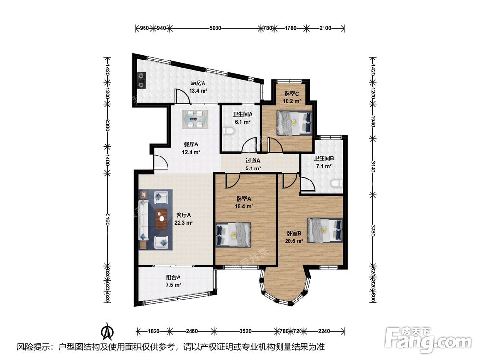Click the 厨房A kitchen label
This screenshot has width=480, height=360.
[x=198, y=83]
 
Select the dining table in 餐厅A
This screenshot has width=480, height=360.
[x=195, y=120]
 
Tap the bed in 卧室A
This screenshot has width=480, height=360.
[x=233, y=235]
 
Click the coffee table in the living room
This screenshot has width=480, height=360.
[x=161, y=219]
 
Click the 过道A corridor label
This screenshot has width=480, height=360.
[x=253, y=160]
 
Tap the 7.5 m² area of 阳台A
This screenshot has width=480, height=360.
[x=173, y=285]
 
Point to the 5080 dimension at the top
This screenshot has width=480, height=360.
[x=215, y=28]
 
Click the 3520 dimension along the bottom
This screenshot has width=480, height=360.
[x=245, y=331]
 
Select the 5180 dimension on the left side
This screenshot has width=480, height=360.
[x=107, y=219]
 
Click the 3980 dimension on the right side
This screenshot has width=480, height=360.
[x=372, y=230]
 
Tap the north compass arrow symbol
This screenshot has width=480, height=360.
[x=108, y=332]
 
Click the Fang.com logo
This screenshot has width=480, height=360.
[x=429, y=340]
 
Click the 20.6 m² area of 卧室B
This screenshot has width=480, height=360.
[x=294, y=241]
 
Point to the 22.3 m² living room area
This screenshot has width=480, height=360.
[x=183, y=223]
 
